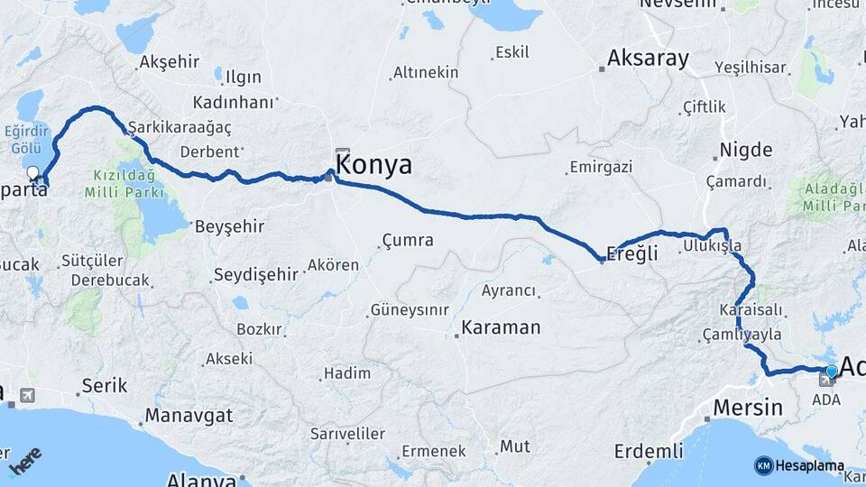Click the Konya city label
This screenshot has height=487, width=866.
click(x=373, y=165)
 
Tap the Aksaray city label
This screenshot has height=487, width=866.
click(x=648, y=60)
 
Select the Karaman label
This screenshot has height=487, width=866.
click(x=501, y=327)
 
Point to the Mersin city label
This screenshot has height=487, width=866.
click(x=748, y=407)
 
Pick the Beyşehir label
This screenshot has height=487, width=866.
click(x=229, y=226)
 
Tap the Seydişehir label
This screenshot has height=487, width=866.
click(x=253, y=274)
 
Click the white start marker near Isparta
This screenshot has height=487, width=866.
click(x=33, y=172)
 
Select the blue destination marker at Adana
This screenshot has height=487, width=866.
click(x=832, y=371)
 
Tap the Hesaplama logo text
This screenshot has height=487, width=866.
click(x=809, y=466)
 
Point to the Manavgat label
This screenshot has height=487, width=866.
click(x=189, y=416)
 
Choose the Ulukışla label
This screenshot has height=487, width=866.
click(x=713, y=245)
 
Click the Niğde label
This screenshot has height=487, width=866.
click(x=746, y=150)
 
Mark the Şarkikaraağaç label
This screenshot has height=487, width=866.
click(x=180, y=128)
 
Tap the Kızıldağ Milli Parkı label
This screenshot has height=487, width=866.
click(x=124, y=184)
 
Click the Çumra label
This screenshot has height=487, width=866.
click(x=408, y=241)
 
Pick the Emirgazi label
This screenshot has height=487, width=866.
click(x=601, y=168)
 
